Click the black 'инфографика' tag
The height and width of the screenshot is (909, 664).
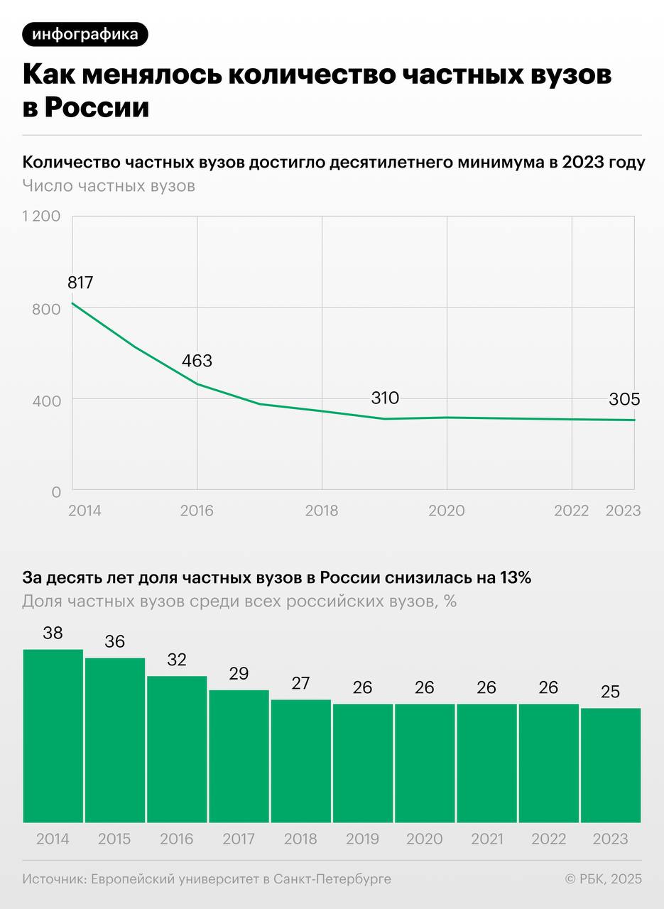click(85, 34)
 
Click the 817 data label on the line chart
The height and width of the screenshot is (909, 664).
click(80, 283)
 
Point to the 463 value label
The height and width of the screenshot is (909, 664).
click(197, 361)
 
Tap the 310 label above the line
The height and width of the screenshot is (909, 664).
click(385, 398)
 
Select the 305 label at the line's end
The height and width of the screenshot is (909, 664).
click(624, 399)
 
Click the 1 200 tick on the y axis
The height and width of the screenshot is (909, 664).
click(41, 216)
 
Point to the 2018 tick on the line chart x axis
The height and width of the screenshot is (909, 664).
click(322, 511)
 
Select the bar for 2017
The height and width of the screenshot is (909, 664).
click(239, 756)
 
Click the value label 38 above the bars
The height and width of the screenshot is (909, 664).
click(53, 633)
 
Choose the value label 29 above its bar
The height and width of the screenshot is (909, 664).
click(239, 673)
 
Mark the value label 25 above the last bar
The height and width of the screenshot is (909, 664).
click(611, 692)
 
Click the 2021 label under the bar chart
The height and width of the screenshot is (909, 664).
click(486, 839)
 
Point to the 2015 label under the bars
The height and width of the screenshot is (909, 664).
click(114, 839)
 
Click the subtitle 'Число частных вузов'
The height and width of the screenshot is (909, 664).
click(109, 186)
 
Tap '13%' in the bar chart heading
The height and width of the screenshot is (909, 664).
click(515, 577)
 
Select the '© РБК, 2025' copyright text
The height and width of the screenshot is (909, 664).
click(603, 879)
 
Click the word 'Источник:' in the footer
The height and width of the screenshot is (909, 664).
click(53, 879)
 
